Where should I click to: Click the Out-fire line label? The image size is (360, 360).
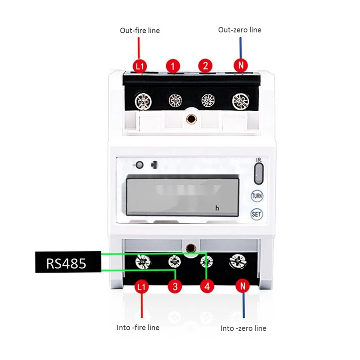139,31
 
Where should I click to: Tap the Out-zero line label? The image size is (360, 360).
239,30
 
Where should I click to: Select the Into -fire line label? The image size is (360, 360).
138,328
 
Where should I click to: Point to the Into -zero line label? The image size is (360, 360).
243,328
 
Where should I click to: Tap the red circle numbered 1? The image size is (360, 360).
173,66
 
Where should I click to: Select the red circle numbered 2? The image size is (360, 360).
205,66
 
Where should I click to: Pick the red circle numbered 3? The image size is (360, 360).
175,286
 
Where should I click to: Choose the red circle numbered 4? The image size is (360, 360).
207,286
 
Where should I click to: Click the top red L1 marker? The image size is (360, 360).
140,66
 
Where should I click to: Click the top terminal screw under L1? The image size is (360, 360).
143,100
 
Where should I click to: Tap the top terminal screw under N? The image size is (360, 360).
240,101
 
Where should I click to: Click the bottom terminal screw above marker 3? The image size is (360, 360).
175,261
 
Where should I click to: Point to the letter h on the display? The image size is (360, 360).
217,208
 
